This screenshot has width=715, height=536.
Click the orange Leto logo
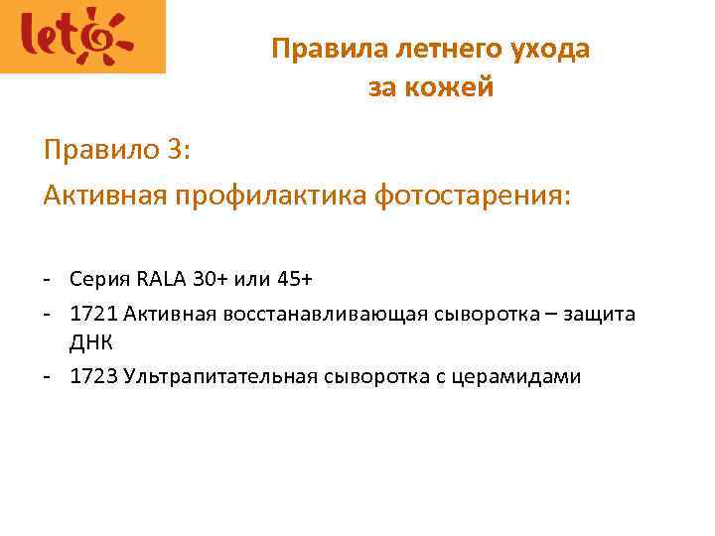click(x=82, y=37)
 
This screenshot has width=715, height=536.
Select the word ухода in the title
click(x=553, y=50)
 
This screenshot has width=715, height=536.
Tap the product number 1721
click(x=94, y=315)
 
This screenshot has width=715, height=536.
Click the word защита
click(x=599, y=316)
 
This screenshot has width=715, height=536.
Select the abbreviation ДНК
click(x=90, y=344)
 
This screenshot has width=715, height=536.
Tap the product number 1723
click(x=94, y=377)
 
